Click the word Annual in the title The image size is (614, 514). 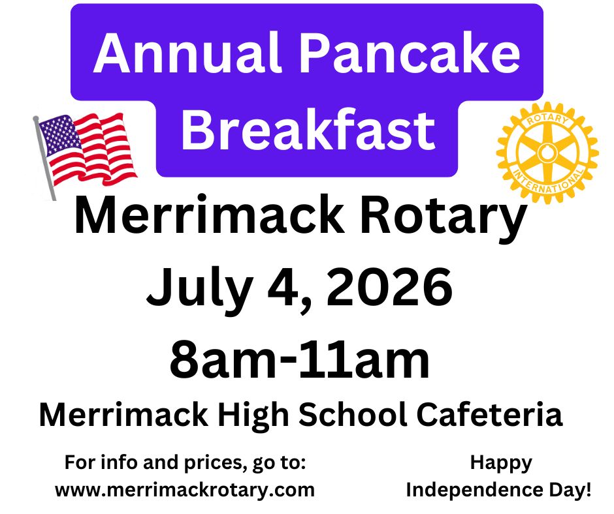[187, 53]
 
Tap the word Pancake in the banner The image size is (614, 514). [411, 53]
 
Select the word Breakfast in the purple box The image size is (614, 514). [308, 129]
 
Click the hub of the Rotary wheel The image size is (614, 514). [547, 153]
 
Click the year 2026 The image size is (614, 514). [389, 287]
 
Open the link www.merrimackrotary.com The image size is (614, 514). [185, 490]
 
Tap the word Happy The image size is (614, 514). [501, 464]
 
